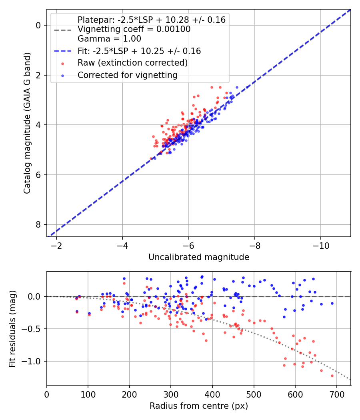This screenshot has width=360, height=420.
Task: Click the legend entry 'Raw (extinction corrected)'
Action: pos(132,63)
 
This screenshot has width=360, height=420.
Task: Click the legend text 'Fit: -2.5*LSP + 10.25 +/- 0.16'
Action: pos(139,51)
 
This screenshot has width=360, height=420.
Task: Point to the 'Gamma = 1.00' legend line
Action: pos(109,39)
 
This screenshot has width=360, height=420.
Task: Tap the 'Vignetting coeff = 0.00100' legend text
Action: pos(134,29)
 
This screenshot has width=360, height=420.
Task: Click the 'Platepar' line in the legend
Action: pos(151,20)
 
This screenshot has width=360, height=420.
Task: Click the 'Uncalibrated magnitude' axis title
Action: pos(199,257)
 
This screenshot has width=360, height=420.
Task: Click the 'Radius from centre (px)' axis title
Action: pos(199,406)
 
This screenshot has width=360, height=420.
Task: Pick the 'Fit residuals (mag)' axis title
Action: pos(12,329)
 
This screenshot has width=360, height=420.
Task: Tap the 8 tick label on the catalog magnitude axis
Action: pos(38,224)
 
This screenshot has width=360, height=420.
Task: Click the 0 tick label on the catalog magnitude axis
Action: pos(38,25)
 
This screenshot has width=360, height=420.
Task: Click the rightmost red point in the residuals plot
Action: pos(332,376)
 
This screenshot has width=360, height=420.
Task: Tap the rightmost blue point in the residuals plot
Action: pos(332,303)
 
